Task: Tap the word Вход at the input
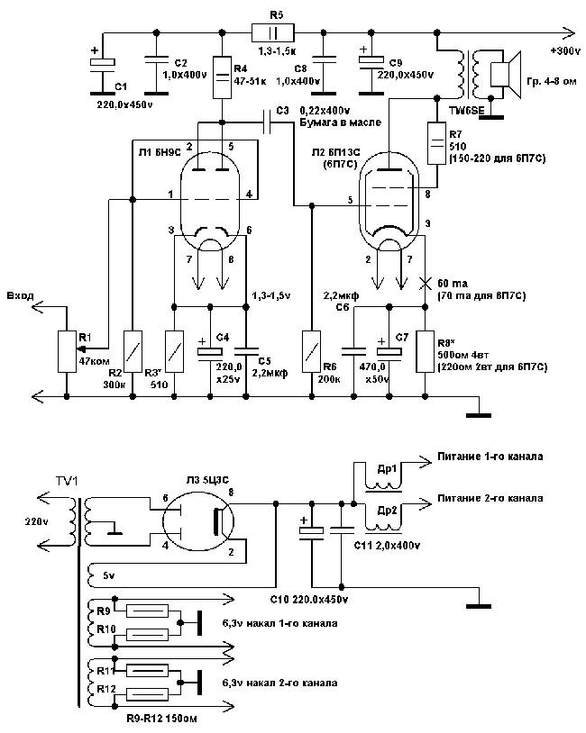pos(21,294)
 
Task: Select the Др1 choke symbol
pos(383,477)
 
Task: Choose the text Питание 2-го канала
pos(490,498)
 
